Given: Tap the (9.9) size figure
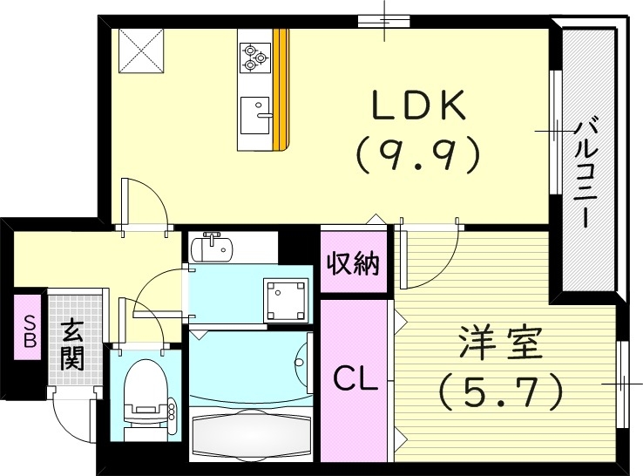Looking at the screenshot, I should tap(417, 154).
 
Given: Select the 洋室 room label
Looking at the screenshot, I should tap(499, 343).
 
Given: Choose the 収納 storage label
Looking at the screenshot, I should tap(353, 262).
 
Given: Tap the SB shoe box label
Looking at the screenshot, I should tap(29, 330).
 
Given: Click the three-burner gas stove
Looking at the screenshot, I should tap(254, 56).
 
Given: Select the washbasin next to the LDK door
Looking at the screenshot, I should tap(212, 248).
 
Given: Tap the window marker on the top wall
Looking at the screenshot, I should tap(384, 20).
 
